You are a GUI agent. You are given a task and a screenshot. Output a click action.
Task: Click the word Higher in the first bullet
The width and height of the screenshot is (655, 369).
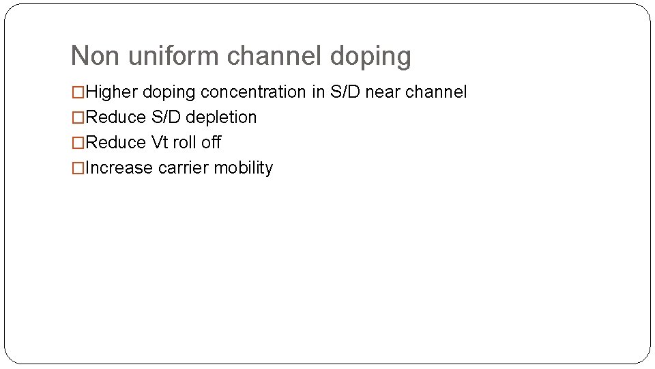tap(113, 92)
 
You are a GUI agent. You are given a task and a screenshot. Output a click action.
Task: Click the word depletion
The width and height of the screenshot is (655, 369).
tap(221, 118)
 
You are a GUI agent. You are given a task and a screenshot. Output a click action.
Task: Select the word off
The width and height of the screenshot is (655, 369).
tap(212, 143)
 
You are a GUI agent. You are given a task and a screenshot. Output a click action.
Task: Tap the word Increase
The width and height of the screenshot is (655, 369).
tap(120, 168)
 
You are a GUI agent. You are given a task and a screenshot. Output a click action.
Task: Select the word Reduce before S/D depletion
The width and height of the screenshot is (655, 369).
tap(117, 118)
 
